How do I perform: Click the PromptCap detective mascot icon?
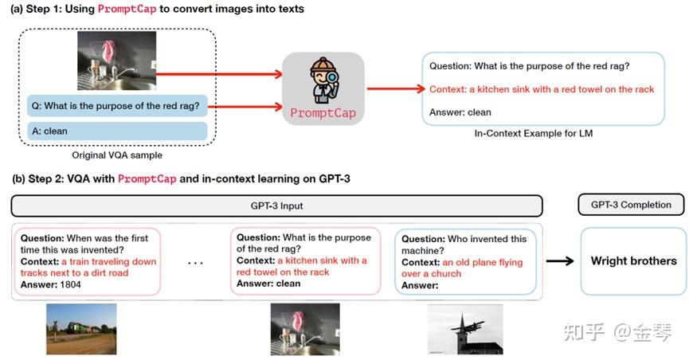[x=323, y=80]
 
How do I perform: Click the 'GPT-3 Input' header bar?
[x=276, y=205]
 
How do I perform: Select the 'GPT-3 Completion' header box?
[x=631, y=205]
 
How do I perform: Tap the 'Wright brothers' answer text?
[x=633, y=260]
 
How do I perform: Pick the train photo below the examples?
[x=81, y=328]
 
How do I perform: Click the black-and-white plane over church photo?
[x=465, y=328]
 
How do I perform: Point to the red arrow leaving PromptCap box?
[x=391, y=88]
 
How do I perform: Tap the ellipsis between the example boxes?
[x=196, y=262]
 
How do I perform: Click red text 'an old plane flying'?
[x=483, y=262]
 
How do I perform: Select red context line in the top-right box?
[x=542, y=89]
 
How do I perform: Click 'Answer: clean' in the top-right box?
[x=460, y=112]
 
